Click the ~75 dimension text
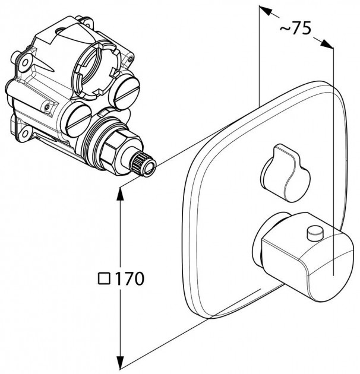tap(295, 28)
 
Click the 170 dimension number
tap(130, 278)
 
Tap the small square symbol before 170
tap(104, 278)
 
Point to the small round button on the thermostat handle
tap(315, 233)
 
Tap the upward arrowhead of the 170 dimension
tap(120, 193)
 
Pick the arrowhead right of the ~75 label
tap(327, 44)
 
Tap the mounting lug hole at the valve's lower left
tap(24, 134)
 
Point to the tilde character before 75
tap(285, 29)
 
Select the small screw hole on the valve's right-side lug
tap(131, 58)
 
